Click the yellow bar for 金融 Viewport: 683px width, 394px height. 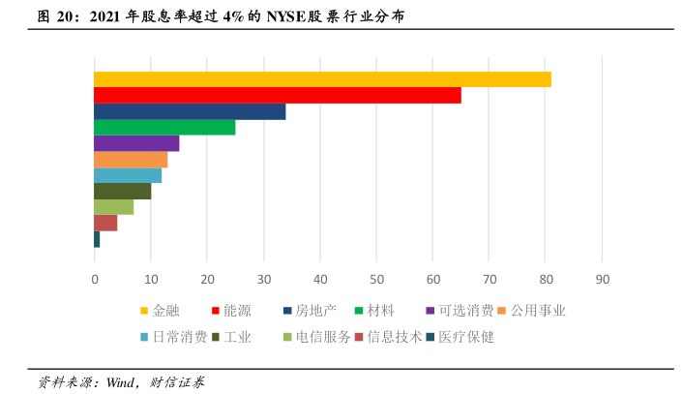[322, 79]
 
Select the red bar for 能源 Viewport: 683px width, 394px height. [277, 95]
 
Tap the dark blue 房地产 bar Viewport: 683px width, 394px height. [190, 111]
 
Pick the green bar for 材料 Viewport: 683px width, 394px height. [164, 127]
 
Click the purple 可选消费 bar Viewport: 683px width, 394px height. [136, 143]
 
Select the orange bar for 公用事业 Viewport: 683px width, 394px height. [131, 159]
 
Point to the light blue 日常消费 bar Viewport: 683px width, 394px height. [128, 175]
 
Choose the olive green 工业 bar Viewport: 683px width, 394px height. [122, 191]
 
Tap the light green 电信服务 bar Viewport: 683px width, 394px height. [113, 206]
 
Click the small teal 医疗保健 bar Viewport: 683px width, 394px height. [97, 239]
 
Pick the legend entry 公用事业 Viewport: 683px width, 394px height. [538, 311]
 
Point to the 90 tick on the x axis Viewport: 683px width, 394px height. [602, 280]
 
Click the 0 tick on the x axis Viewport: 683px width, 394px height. [95, 280]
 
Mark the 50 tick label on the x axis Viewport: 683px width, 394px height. [376, 280]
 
